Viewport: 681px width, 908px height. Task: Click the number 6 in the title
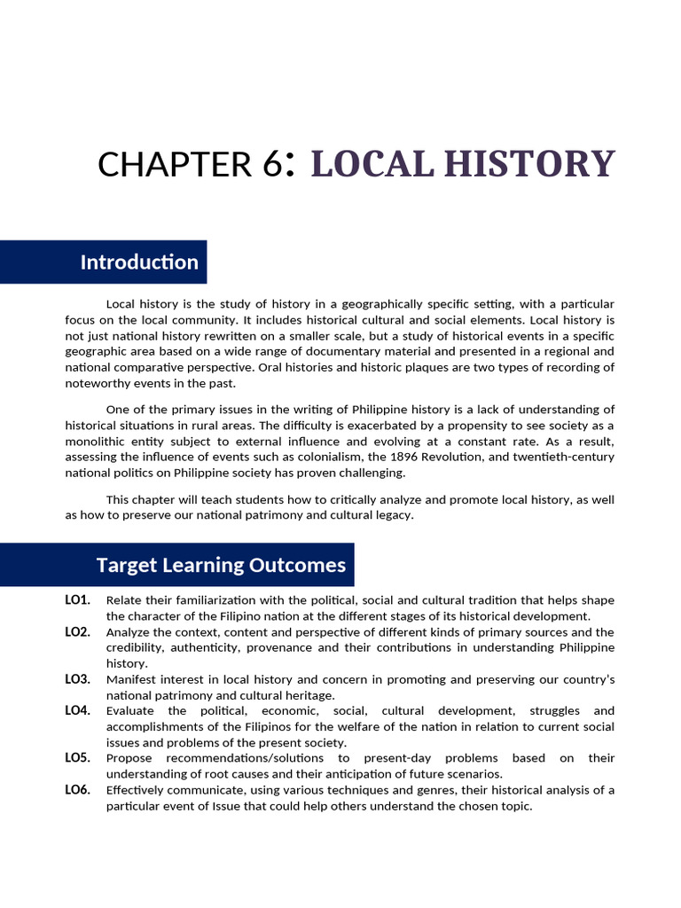273,165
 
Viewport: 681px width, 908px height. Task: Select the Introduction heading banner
139,262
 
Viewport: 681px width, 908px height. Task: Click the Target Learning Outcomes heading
221,565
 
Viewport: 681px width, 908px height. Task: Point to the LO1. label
78,600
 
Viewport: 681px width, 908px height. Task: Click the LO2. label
78,632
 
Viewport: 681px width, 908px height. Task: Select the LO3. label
78,679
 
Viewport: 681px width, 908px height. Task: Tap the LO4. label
78,711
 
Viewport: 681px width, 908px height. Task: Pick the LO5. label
78,758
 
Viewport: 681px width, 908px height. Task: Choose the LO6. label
78,790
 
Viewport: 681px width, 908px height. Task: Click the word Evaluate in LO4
129,711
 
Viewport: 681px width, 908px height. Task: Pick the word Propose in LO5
128,758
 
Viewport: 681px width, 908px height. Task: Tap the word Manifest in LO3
130,679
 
